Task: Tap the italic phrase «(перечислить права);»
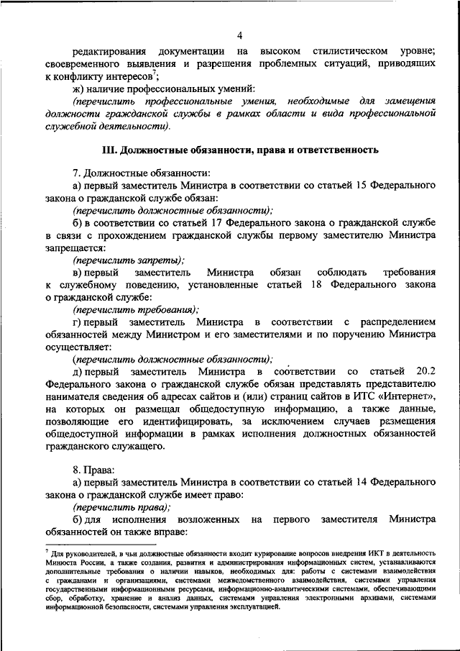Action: (121, 507)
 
